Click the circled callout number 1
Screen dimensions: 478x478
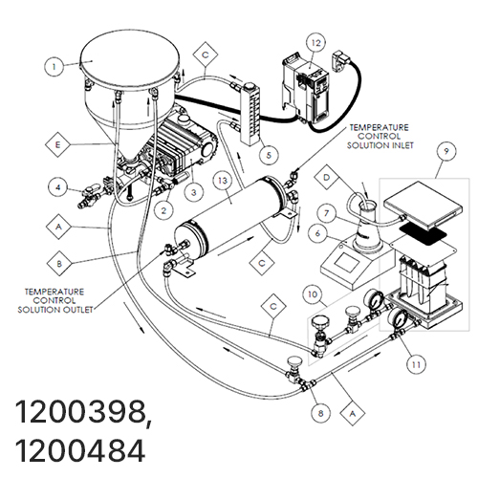(54, 67)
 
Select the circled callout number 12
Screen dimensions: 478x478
(315, 43)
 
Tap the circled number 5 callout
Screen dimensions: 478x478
(269, 155)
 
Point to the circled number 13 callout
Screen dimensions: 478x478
(223, 181)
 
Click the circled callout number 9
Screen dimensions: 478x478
(446, 151)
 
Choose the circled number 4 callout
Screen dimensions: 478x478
(58, 187)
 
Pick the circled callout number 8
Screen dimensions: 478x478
(320, 413)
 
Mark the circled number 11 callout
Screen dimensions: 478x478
(417, 364)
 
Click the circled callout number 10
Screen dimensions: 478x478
(313, 294)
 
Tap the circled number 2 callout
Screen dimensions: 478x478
(163, 210)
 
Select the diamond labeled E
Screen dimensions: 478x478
(57, 145)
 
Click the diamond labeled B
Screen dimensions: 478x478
(59, 264)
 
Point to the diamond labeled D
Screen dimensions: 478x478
(326, 177)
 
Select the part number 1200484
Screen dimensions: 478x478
(79, 450)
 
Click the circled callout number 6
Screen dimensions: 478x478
(317, 233)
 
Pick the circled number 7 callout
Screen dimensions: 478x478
(326, 212)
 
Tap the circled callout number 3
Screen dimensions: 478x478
(194, 192)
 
